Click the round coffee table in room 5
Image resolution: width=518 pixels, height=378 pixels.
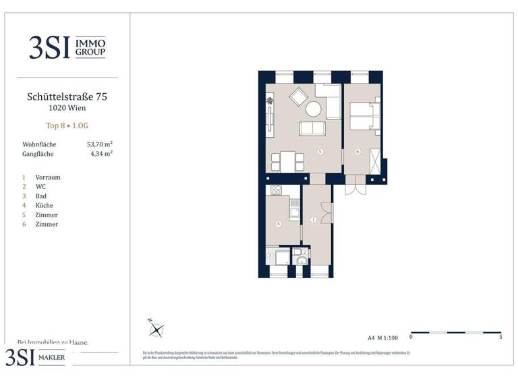coord(314,109)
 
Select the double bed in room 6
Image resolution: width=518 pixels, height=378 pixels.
coord(365,115)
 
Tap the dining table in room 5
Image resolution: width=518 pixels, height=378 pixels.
coord(287,161)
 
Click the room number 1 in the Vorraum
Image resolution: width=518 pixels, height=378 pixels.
coord(314,219)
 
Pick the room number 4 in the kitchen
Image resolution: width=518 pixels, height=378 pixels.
coord(278,223)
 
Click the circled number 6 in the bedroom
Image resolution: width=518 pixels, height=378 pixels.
coord(357,151)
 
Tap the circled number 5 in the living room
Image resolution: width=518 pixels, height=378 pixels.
coord(320,152)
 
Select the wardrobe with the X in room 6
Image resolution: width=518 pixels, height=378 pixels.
coord(375,161)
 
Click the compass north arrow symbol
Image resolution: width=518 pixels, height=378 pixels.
coord(157,329)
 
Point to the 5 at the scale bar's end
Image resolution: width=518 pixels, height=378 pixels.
coord(500,336)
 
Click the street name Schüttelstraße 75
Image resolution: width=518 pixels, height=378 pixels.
coord(67,97)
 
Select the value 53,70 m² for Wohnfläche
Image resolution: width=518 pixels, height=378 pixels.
coord(100,144)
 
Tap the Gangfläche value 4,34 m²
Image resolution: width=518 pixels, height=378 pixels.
coord(101,154)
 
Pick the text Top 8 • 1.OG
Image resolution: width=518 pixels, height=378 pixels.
coord(67,125)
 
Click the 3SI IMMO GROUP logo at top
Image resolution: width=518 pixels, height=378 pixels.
coord(67,47)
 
